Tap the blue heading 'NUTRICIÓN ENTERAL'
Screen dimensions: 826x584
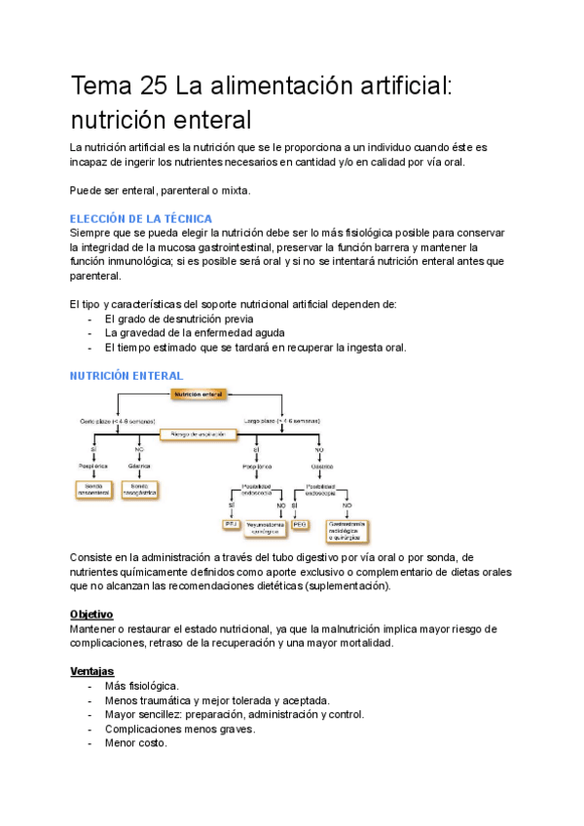click(x=127, y=375)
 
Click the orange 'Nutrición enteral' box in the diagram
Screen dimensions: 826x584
click(x=199, y=394)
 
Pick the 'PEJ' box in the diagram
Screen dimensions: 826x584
click(x=232, y=524)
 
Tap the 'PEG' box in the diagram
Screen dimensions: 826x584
click(x=300, y=524)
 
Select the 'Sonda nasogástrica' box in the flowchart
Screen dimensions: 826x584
click(x=140, y=489)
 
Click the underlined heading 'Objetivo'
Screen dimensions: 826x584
click(x=91, y=615)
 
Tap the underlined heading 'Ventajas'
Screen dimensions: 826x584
click(x=91, y=671)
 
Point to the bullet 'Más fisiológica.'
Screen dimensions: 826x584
click(x=141, y=686)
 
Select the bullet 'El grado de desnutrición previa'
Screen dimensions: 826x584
click(x=179, y=319)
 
